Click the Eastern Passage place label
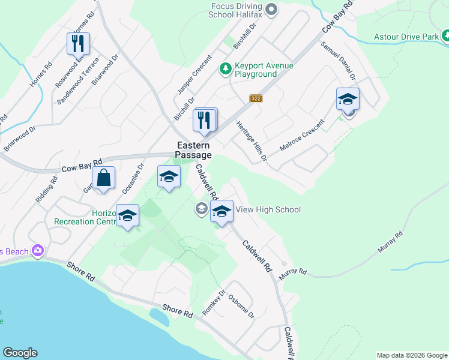[193, 150]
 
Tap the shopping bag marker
[104, 178]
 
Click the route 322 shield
[256, 98]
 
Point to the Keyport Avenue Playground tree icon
[225, 70]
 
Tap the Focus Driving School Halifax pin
[271, 8]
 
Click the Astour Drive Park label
[406, 37]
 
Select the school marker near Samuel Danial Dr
[348, 99]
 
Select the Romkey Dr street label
[213, 302]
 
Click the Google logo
[20, 353]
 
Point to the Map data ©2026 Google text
[411, 355]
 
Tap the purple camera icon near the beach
[39, 250]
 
